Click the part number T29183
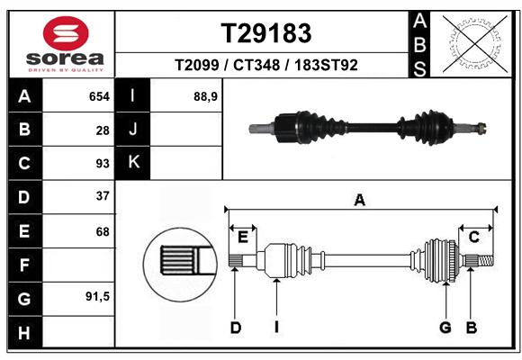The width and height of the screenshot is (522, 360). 266,33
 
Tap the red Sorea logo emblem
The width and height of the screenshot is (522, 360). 66,33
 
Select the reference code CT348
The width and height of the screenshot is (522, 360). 256,65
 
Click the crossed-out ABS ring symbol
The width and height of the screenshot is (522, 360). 475,44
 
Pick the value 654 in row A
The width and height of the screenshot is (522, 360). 99,96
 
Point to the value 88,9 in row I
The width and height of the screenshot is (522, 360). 205,97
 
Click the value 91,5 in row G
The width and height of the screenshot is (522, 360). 97,296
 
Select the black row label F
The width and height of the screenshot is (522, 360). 24,265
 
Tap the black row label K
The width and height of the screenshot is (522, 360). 133,162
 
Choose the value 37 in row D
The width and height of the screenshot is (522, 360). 103,196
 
